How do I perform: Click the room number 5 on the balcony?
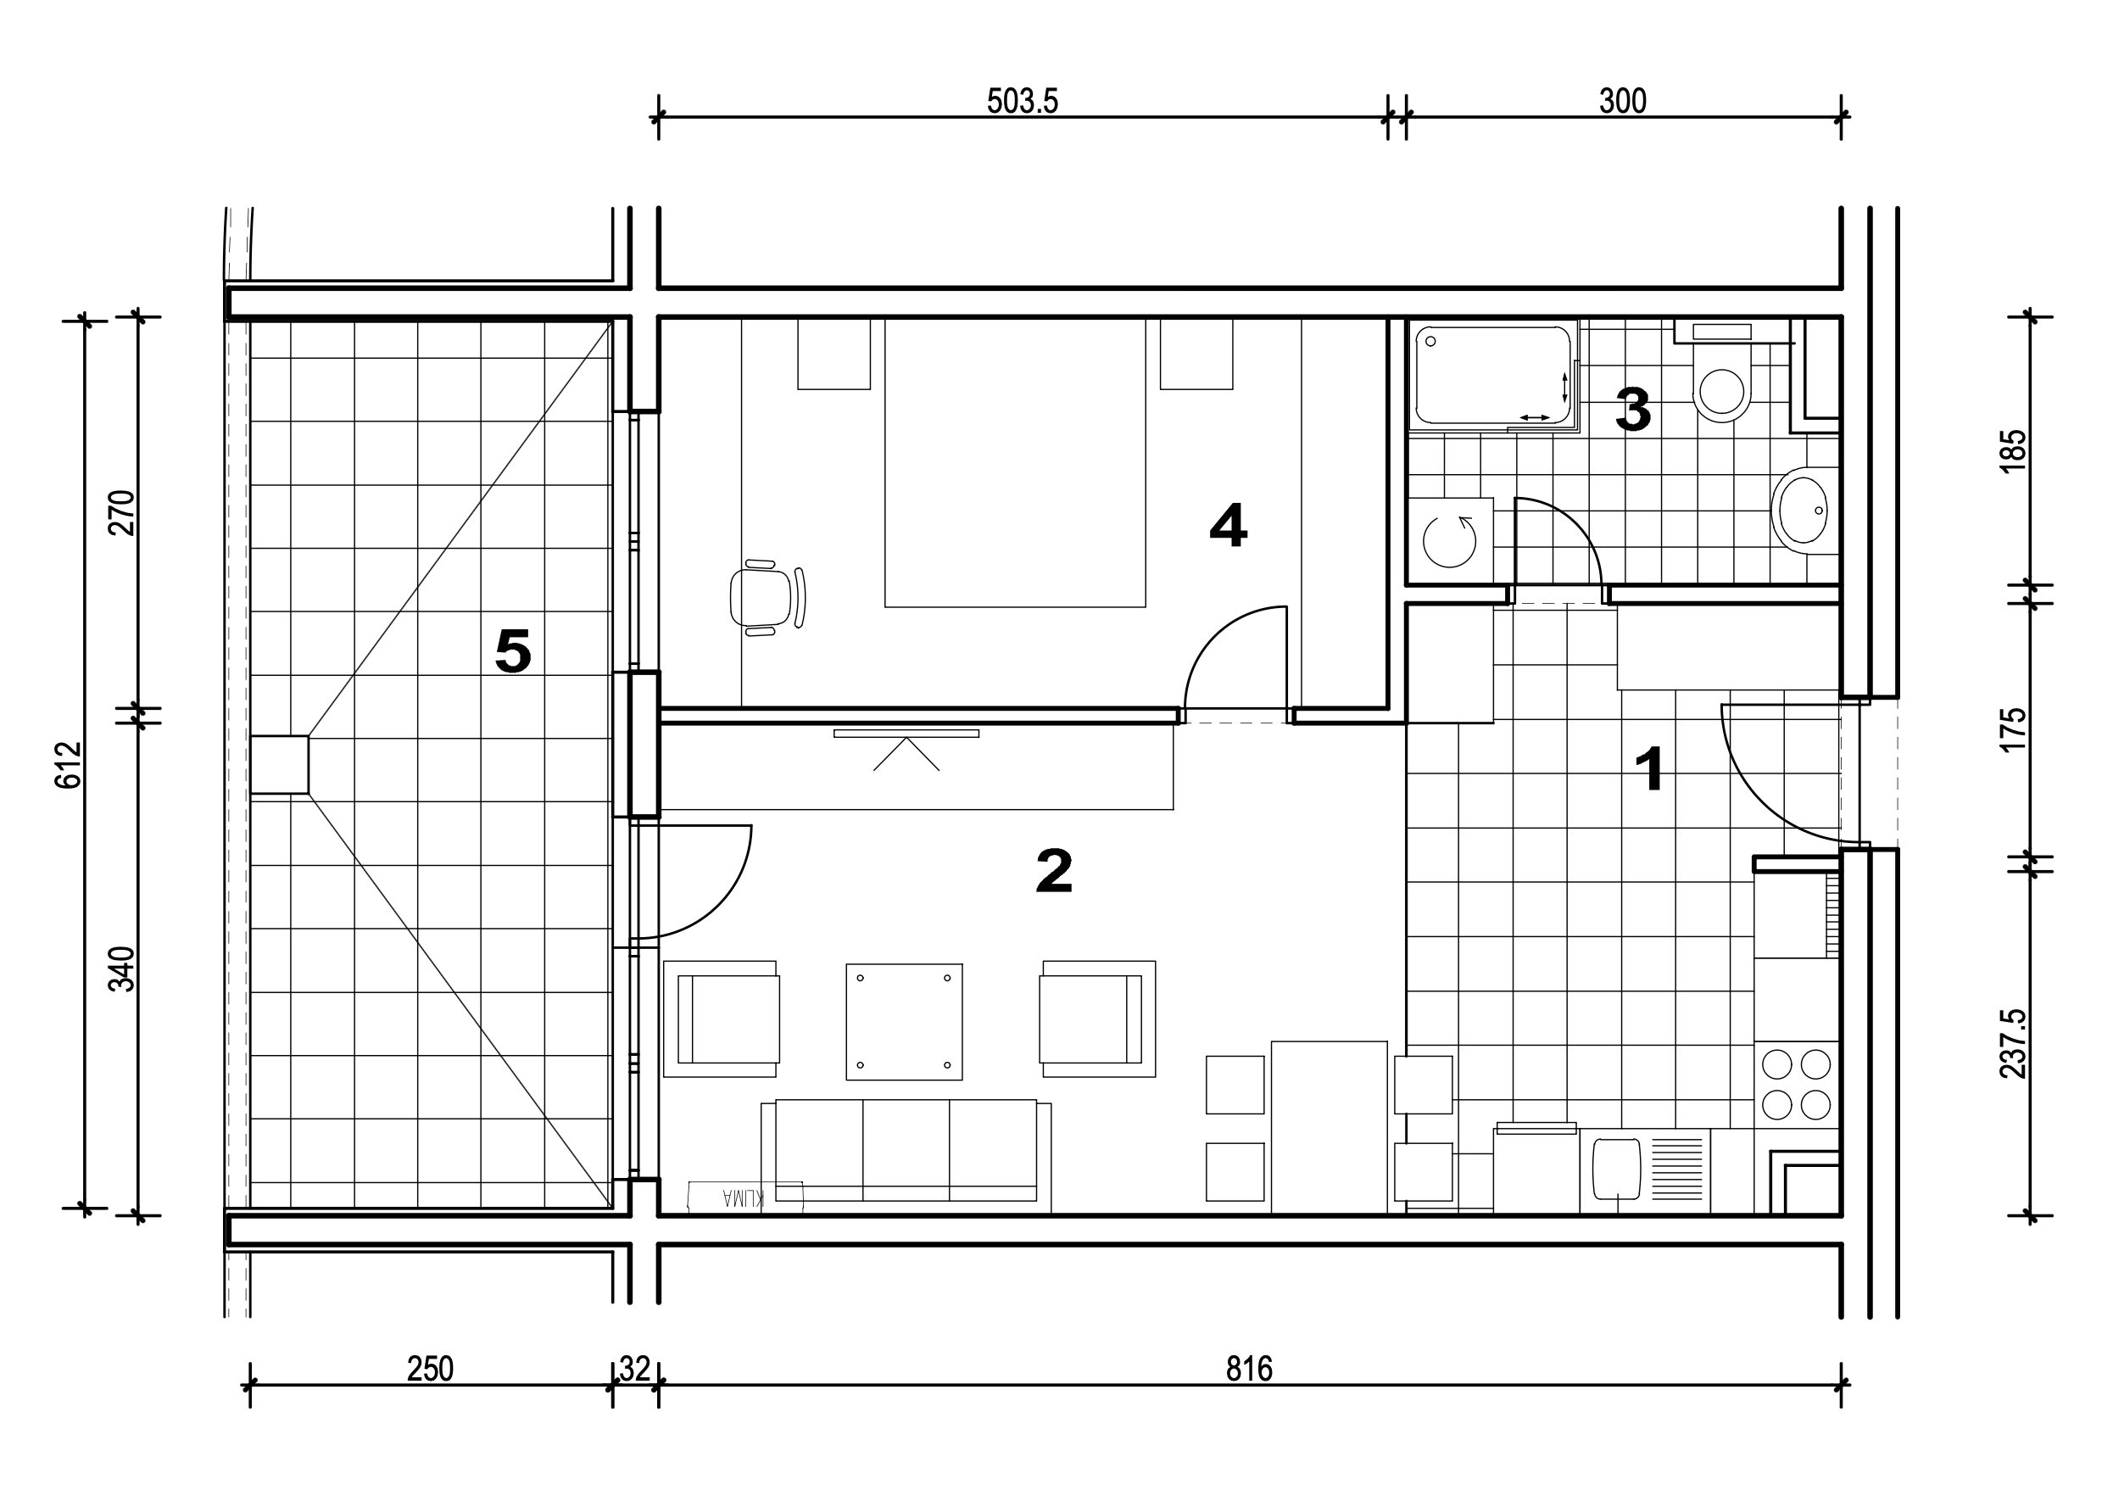pyautogui.click(x=513, y=650)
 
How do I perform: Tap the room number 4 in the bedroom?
pyautogui.click(x=1228, y=526)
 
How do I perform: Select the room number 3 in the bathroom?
pyautogui.click(x=1633, y=409)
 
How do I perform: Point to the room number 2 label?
pyautogui.click(x=1055, y=870)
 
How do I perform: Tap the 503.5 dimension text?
pyautogui.click(x=1023, y=100)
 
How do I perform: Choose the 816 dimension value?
pyautogui.click(x=1249, y=1369)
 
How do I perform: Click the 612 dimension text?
pyautogui.click(x=69, y=765)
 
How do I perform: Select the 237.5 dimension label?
pyautogui.click(x=2014, y=1044)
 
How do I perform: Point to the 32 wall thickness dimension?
pyautogui.click(x=634, y=1369)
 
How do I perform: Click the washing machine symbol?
pyautogui.click(x=1451, y=541)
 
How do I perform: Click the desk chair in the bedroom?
pyautogui.click(x=767, y=597)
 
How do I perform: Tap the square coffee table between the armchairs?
pyautogui.click(x=905, y=1022)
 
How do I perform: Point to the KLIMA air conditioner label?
pyautogui.click(x=744, y=1197)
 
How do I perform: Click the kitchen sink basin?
pyautogui.click(x=1616, y=1169)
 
